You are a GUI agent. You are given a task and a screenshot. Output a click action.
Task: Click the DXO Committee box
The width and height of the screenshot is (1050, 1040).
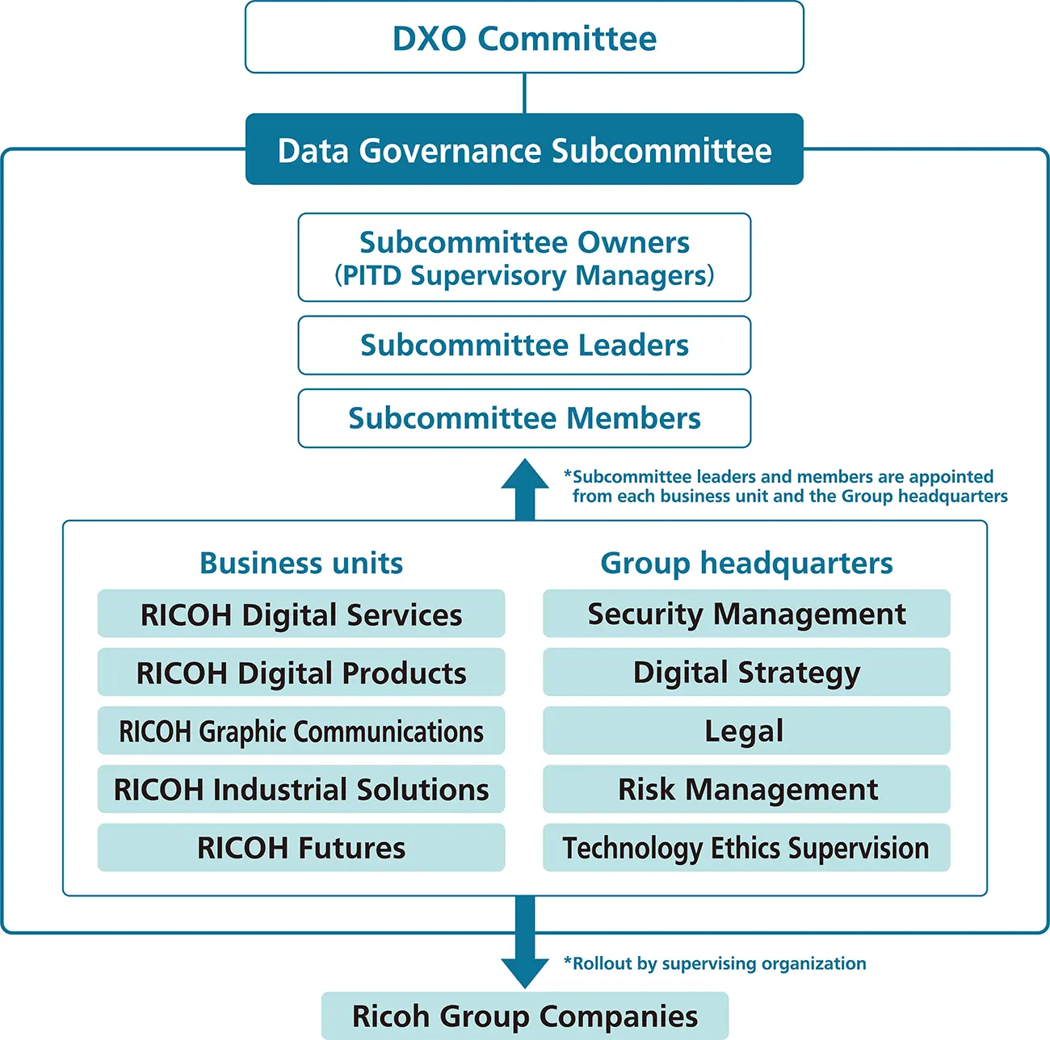point(524,38)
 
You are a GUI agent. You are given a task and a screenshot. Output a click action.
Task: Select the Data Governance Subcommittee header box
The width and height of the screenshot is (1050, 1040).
point(524,150)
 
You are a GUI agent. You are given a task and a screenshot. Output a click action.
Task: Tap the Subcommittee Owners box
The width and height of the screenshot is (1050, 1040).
point(524,258)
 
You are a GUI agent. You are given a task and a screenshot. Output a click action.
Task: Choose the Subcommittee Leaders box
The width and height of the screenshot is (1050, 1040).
point(524,346)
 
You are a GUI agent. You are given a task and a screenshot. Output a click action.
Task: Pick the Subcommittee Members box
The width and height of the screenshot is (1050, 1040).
point(524,418)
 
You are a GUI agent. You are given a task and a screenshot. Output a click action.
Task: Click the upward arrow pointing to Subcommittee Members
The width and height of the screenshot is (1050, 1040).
point(525,488)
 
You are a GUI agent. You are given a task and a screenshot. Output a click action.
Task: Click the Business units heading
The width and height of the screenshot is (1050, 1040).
point(301,563)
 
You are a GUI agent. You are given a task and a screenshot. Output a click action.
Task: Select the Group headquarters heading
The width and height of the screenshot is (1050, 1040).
point(746,563)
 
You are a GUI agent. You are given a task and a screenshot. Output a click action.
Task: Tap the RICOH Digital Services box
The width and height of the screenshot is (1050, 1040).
point(301,614)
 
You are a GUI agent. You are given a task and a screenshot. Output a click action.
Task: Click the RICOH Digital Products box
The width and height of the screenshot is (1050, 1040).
point(301,673)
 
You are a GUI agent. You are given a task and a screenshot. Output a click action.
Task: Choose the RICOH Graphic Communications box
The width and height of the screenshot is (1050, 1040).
point(301,731)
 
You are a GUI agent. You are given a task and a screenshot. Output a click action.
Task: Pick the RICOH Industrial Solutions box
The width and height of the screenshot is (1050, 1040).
point(301,789)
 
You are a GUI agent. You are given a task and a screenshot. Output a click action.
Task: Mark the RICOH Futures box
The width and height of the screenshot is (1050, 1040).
point(301,848)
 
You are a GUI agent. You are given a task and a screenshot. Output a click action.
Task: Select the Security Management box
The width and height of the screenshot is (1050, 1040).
point(746,614)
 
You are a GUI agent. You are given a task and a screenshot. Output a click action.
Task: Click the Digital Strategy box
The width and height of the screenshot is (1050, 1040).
point(746,673)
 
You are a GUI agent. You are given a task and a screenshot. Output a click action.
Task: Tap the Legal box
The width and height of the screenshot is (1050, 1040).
point(746,731)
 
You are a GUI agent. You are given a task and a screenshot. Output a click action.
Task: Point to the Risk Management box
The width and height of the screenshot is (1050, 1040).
point(746,789)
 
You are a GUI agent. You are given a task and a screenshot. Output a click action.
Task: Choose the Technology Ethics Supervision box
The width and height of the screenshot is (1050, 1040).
point(746,848)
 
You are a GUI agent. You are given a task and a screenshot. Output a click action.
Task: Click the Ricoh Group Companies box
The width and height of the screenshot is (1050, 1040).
point(525,1016)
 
